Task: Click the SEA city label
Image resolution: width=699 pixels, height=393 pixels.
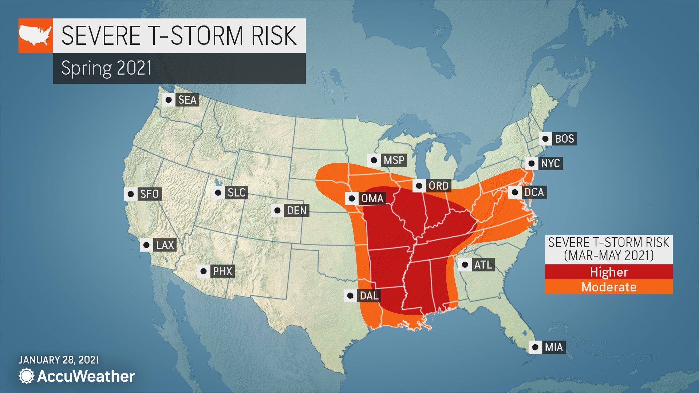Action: tap(187, 100)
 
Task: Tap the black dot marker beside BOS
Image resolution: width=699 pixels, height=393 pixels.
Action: tap(545, 139)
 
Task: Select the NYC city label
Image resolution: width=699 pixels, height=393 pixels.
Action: tap(550, 163)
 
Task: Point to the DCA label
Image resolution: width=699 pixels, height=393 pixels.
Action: tap(534, 192)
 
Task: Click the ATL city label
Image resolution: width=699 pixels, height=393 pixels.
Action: tap(483, 265)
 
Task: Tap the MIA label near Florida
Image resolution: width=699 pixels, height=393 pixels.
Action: tap(554, 347)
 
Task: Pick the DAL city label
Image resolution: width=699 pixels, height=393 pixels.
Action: tap(369, 295)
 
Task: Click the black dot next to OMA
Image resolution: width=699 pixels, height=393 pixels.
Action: tap(352, 198)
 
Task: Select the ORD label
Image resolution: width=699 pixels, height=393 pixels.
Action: tap(438, 186)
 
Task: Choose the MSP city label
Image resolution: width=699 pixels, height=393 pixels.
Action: tap(394, 160)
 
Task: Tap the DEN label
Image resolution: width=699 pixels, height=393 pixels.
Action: tap(297, 210)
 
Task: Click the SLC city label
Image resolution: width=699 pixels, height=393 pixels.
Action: tap(236, 192)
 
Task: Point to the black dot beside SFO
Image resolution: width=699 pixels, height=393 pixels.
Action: tap(130, 194)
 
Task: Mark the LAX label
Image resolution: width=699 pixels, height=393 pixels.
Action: tap(165, 245)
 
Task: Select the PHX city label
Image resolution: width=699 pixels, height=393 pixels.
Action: tap(222, 271)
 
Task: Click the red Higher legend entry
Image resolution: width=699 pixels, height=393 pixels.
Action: tap(608, 272)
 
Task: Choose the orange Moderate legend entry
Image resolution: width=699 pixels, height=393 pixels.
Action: tap(608, 287)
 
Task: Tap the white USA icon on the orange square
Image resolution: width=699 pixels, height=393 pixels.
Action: tap(35, 35)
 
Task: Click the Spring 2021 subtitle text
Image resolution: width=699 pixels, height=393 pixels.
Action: tap(106, 68)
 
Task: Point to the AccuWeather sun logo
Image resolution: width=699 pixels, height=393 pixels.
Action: tap(26, 376)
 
